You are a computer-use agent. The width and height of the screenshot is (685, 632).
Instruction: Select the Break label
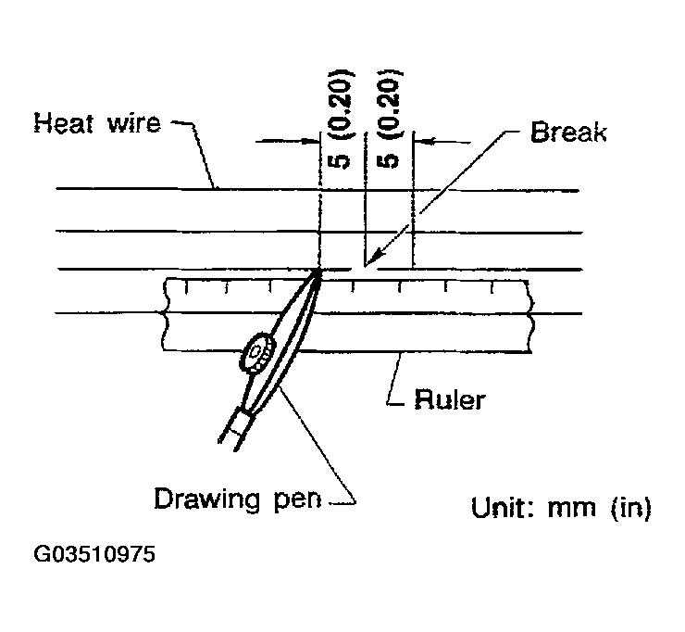click(x=567, y=132)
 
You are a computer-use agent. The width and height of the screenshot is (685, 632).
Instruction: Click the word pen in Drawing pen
click(x=298, y=499)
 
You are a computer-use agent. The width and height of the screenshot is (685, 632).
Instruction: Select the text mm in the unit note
click(x=571, y=508)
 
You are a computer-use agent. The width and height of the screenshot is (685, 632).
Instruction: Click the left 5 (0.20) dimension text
click(x=340, y=118)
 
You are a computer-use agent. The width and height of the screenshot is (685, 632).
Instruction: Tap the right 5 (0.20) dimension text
click(x=390, y=118)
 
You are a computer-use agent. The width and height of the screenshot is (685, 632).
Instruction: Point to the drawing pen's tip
click(x=318, y=271)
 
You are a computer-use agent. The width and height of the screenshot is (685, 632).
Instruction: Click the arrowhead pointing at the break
click(x=368, y=262)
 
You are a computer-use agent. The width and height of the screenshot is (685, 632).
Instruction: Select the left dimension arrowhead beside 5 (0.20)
click(x=311, y=142)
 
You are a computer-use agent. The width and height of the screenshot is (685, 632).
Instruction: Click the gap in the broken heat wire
click(x=365, y=269)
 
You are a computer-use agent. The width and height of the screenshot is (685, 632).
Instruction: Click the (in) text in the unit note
click(x=629, y=508)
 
